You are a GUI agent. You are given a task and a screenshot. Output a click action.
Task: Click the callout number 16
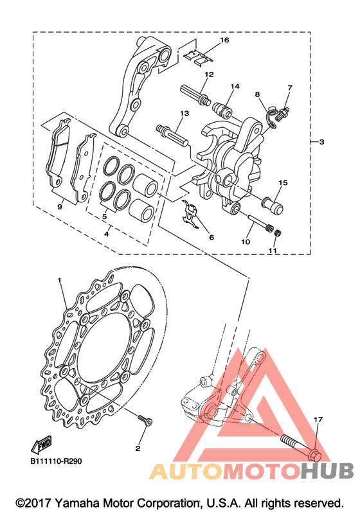pos(224,40)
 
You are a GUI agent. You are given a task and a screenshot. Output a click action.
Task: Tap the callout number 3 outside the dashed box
pos(321,142)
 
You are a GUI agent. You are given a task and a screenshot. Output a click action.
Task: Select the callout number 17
pos(318,419)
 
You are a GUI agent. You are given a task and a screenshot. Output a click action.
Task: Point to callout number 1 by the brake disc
pos(59,280)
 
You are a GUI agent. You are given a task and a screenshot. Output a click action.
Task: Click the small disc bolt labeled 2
pos(145,420)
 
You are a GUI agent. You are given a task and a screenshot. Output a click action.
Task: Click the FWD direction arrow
pos(40,445)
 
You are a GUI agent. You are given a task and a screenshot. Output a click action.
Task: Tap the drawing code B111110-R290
pos(56,461)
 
